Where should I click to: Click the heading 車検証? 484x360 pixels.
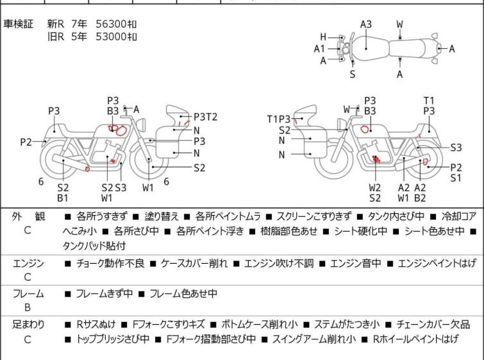18,24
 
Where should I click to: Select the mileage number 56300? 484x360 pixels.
111,24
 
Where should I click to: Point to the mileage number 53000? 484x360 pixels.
111,37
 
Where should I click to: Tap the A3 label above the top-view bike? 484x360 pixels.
366,24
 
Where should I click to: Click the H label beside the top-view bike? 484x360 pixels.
323,37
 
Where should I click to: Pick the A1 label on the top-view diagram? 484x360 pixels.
319,49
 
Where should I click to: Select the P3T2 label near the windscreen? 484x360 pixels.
206,117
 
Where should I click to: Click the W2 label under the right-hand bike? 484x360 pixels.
375,187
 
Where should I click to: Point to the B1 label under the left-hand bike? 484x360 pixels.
63,198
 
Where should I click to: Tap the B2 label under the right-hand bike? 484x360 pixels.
420,198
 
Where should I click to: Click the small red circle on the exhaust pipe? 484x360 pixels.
87,169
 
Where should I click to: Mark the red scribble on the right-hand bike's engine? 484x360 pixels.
376,159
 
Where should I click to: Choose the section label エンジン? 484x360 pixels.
28,263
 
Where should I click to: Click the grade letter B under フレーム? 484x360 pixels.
28,307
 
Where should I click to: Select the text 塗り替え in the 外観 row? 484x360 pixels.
162,216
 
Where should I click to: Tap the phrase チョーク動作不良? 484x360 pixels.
110,263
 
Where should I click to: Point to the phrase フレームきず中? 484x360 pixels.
104,293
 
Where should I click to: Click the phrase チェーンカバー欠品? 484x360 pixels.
433,325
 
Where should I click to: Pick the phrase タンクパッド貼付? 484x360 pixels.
94,246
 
